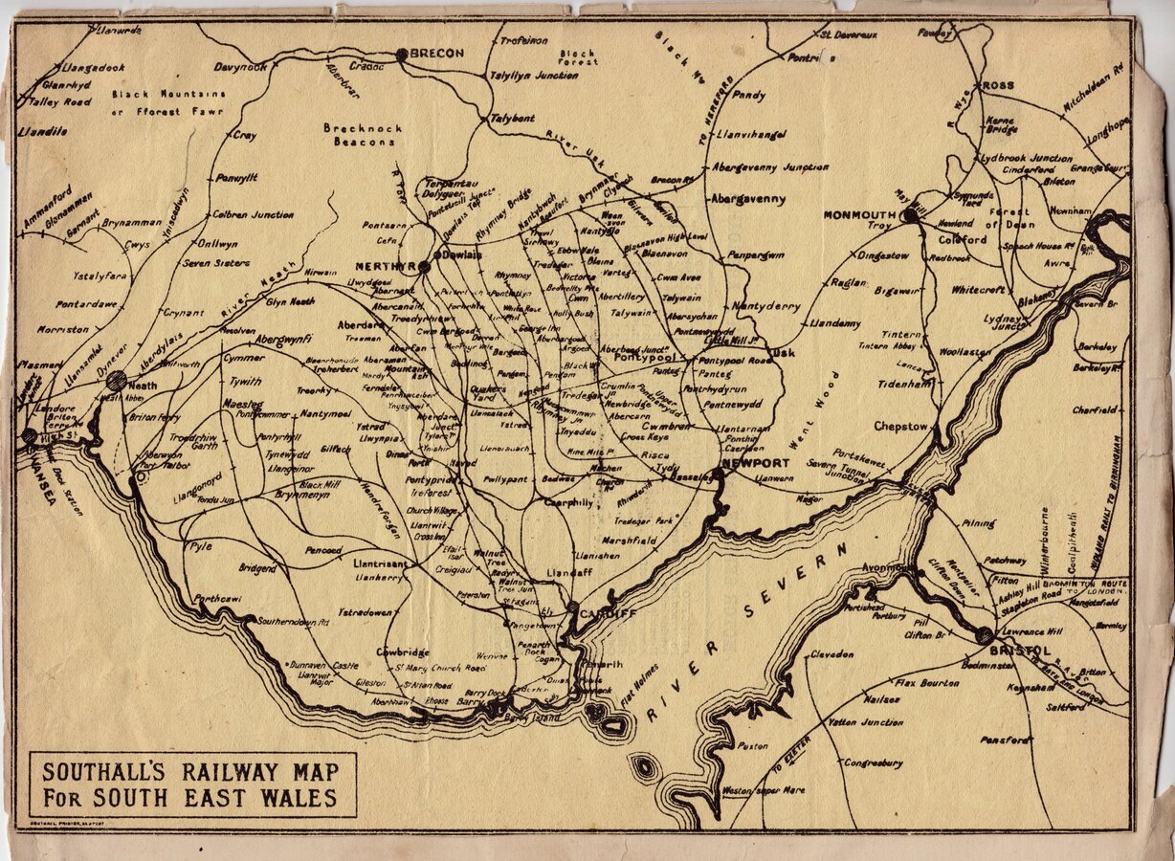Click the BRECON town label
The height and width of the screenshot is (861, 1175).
pyautogui.click(x=436, y=54)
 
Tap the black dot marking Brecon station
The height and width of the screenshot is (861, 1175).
pyautogui.click(x=402, y=55)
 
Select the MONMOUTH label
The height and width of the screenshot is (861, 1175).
pyautogui.click(x=858, y=215)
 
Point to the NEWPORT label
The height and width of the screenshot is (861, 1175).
pyautogui.click(x=756, y=463)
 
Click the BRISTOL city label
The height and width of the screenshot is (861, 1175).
pyautogui.click(x=1020, y=651)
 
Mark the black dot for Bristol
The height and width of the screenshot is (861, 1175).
pyautogui.click(x=985, y=635)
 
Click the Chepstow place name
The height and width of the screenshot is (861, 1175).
pyautogui.click(x=900, y=427)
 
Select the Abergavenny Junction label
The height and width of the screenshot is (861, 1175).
pyautogui.click(x=769, y=166)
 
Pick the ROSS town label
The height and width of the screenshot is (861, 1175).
pyautogui.click(x=998, y=85)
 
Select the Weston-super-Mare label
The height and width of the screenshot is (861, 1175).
pyautogui.click(x=763, y=791)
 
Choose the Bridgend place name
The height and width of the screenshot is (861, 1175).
pyautogui.click(x=257, y=568)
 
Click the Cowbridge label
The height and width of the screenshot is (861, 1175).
pyautogui.click(x=402, y=652)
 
